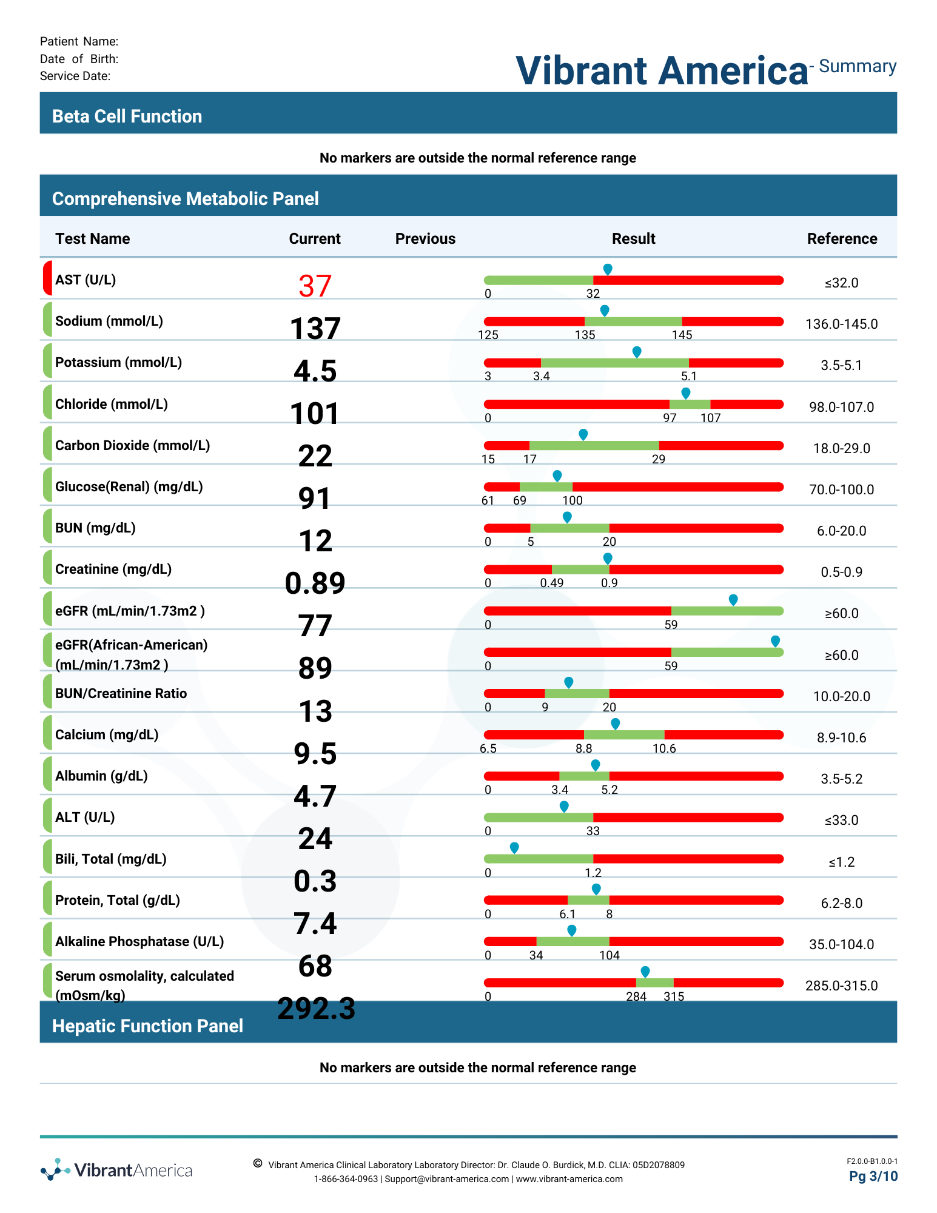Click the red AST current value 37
pyautogui.click(x=315, y=286)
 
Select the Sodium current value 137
pyautogui.click(x=315, y=329)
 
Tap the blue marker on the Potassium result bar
pyautogui.click(x=637, y=352)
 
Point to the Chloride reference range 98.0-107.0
pyautogui.click(x=842, y=407)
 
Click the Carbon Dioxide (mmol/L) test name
pyautogui.click(x=133, y=446)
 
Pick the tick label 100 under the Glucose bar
pyautogui.click(x=573, y=500)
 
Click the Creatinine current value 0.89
pyautogui.click(x=315, y=583)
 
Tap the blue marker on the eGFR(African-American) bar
pyautogui.click(x=775, y=642)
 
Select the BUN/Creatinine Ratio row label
pyautogui.click(x=121, y=694)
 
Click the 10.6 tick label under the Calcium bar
pyautogui.click(x=664, y=748)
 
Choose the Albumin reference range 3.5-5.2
pyautogui.click(x=842, y=779)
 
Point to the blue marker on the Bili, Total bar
pyautogui.click(x=514, y=848)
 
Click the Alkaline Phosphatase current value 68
pyautogui.click(x=315, y=966)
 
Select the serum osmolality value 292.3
pyautogui.click(x=317, y=1009)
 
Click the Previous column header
pyautogui.click(x=425, y=239)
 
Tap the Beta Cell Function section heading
pyautogui.click(x=127, y=116)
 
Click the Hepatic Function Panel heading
pyautogui.click(x=147, y=1026)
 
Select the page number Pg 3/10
pyautogui.click(x=873, y=1177)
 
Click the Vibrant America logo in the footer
pyautogui.click(x=116, y=1170)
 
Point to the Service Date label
pyautogui.click(x=75, y=76)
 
